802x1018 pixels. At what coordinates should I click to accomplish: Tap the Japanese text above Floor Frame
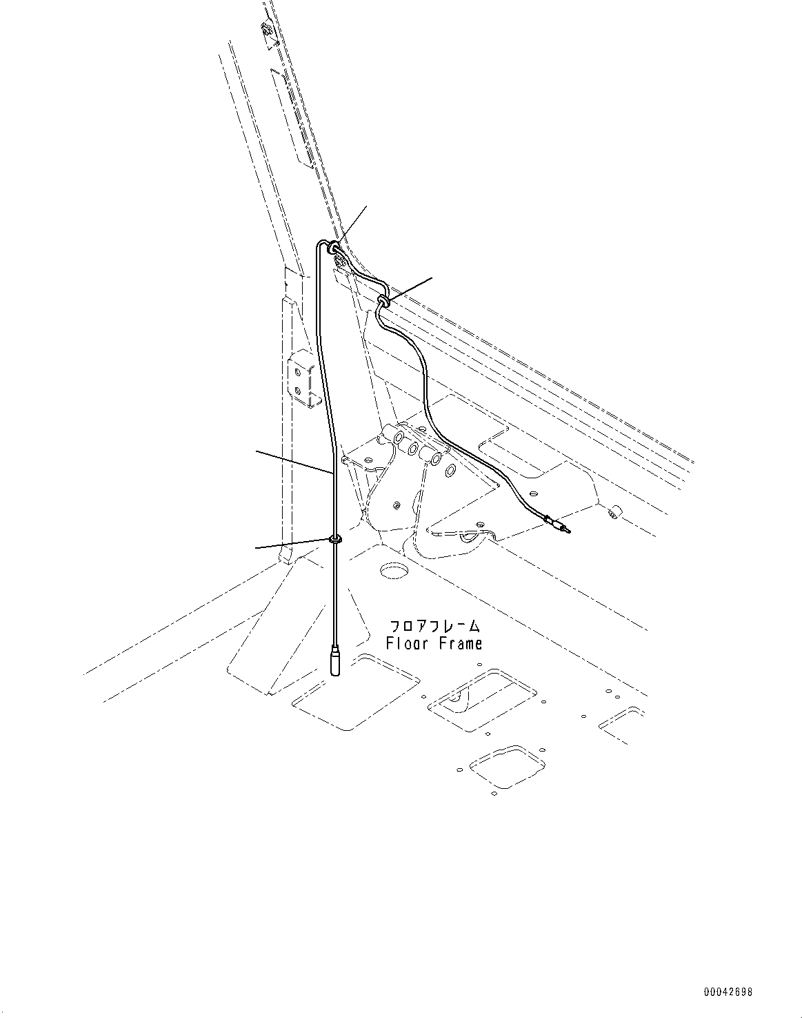click(434, 627)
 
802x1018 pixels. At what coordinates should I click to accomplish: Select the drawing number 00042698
click(728, 992)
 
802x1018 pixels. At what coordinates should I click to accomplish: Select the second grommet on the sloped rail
click(383, 300)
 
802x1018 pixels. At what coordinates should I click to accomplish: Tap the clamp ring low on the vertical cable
click(335, 538)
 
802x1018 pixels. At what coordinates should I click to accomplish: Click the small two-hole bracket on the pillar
click(301, 380)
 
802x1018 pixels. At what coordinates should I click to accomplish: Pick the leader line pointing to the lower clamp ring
click(293, 543)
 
